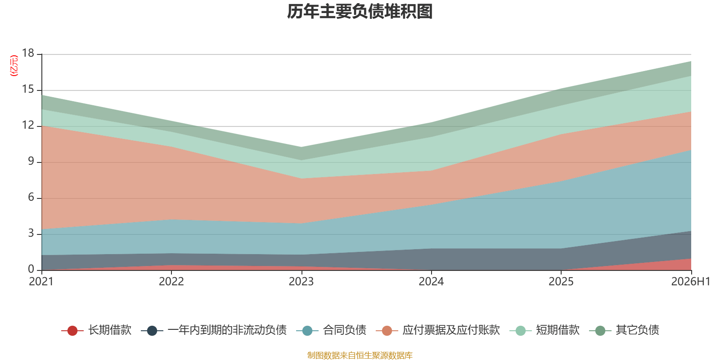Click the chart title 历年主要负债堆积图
[360, 12]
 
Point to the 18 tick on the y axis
[28, 53]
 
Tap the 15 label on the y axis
[28, 89]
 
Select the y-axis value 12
[28, 125]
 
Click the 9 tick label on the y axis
[31, 161]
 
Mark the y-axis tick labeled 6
[31, 197]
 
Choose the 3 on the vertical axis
[31, 233]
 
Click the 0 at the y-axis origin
[31, 269]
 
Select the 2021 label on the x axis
[41, 282]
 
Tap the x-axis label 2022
[171, 282]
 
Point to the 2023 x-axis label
[301, 282]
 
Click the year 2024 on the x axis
[431, 282]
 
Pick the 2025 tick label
[561, 282]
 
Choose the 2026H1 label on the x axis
[691, 282]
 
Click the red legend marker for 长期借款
[72, 330]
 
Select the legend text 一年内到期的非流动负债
[227, 330]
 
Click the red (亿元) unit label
[14, 66]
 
